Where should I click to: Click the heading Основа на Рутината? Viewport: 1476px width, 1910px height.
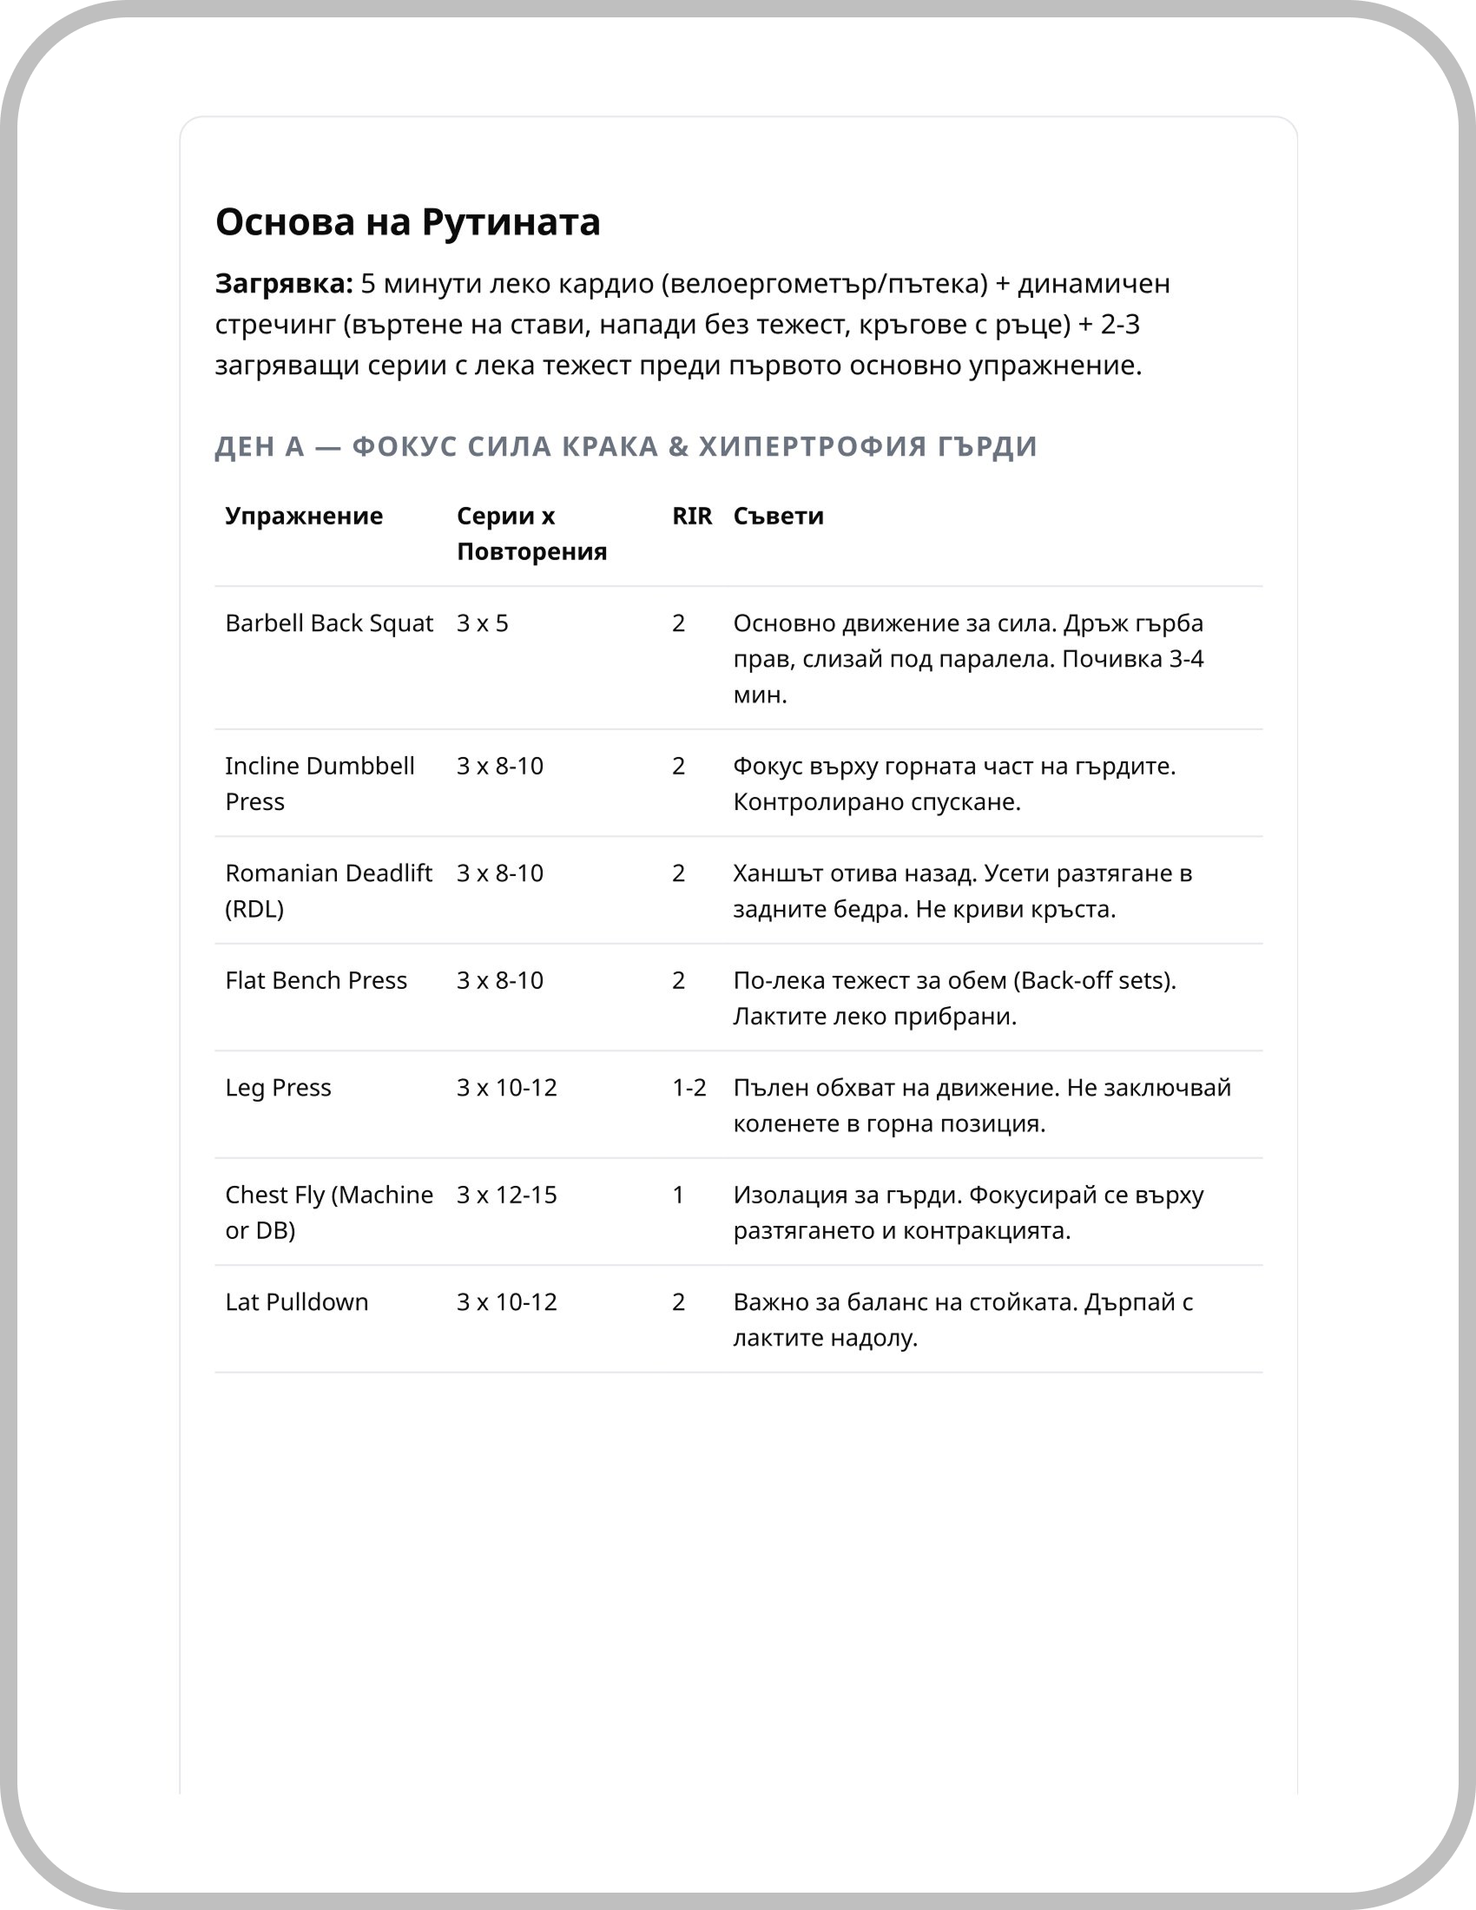point(407,222)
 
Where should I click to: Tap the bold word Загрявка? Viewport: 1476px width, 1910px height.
point(283,284)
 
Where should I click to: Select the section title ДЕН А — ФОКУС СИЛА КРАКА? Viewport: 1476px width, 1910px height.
point(625,446)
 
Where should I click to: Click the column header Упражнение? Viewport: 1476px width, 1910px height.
point(303,516)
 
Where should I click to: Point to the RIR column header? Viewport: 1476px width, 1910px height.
point(692,516)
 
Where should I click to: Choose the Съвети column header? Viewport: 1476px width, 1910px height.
point(778,516)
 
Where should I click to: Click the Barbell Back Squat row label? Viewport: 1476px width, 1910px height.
point(329,623)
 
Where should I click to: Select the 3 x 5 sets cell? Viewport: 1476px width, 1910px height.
point(482,623)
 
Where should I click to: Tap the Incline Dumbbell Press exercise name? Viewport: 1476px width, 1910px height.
point(320,784)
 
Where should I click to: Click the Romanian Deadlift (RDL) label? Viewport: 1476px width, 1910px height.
point(328,890)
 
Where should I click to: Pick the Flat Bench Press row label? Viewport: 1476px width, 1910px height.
point(316,980)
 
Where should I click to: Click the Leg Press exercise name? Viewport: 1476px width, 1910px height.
point(278,1088)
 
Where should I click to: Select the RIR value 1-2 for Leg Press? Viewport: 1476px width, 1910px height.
point(689,1088)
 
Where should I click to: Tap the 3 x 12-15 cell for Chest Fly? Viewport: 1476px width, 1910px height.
point(506,1195)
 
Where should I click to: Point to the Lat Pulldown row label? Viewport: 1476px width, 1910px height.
point(296,1302)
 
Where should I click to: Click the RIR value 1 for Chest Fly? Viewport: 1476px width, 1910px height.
point(678,1195)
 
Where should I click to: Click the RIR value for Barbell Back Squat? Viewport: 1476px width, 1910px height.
point(678,623)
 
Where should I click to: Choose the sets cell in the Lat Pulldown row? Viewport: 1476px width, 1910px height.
point(506,1302)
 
